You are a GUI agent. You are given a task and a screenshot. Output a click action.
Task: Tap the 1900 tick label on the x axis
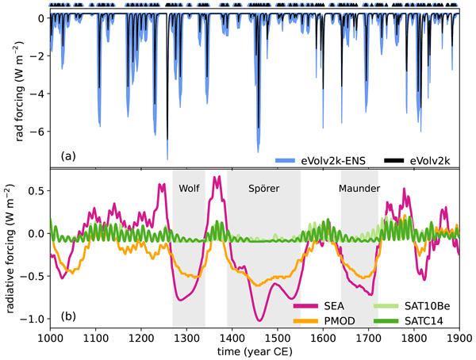459,339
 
